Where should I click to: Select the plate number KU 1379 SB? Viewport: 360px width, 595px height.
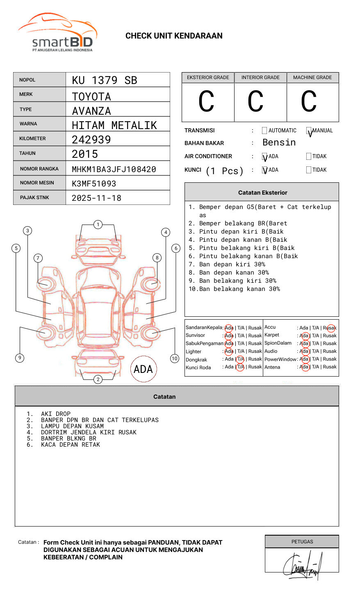click(x=105, y=80)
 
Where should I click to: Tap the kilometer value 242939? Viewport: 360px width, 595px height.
click(x=91, y=140)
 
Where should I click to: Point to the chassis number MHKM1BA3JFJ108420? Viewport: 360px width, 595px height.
click(x=114, y=169)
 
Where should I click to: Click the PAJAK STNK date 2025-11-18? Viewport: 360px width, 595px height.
click(x=97, y=198)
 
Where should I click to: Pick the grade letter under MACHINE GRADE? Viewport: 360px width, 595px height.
click(x=309, y=102)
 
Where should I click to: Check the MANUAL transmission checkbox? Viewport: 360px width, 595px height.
click(x=309, y=131)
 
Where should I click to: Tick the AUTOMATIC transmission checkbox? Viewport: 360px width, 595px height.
click(x=264, y=131)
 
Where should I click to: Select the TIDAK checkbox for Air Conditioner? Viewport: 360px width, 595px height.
click(x=309, y=157)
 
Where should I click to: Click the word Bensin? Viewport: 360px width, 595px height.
click(x=279, y=143)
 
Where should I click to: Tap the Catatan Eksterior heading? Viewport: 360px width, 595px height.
click(x=262, y=193)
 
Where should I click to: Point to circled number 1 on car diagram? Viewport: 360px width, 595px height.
click(x=98, y=225)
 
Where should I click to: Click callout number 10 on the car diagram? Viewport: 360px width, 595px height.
click(x=175, y=359)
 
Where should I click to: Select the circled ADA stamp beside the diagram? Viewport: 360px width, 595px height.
click(x=143, y=369)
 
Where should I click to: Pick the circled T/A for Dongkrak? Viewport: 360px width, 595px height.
click(x=240, y=359)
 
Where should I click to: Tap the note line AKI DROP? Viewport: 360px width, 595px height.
click(x=56, y=414)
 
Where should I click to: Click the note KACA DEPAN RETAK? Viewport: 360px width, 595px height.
click(x=71, y=445)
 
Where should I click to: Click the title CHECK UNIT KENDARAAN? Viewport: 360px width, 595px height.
click(x=174, y=36)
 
